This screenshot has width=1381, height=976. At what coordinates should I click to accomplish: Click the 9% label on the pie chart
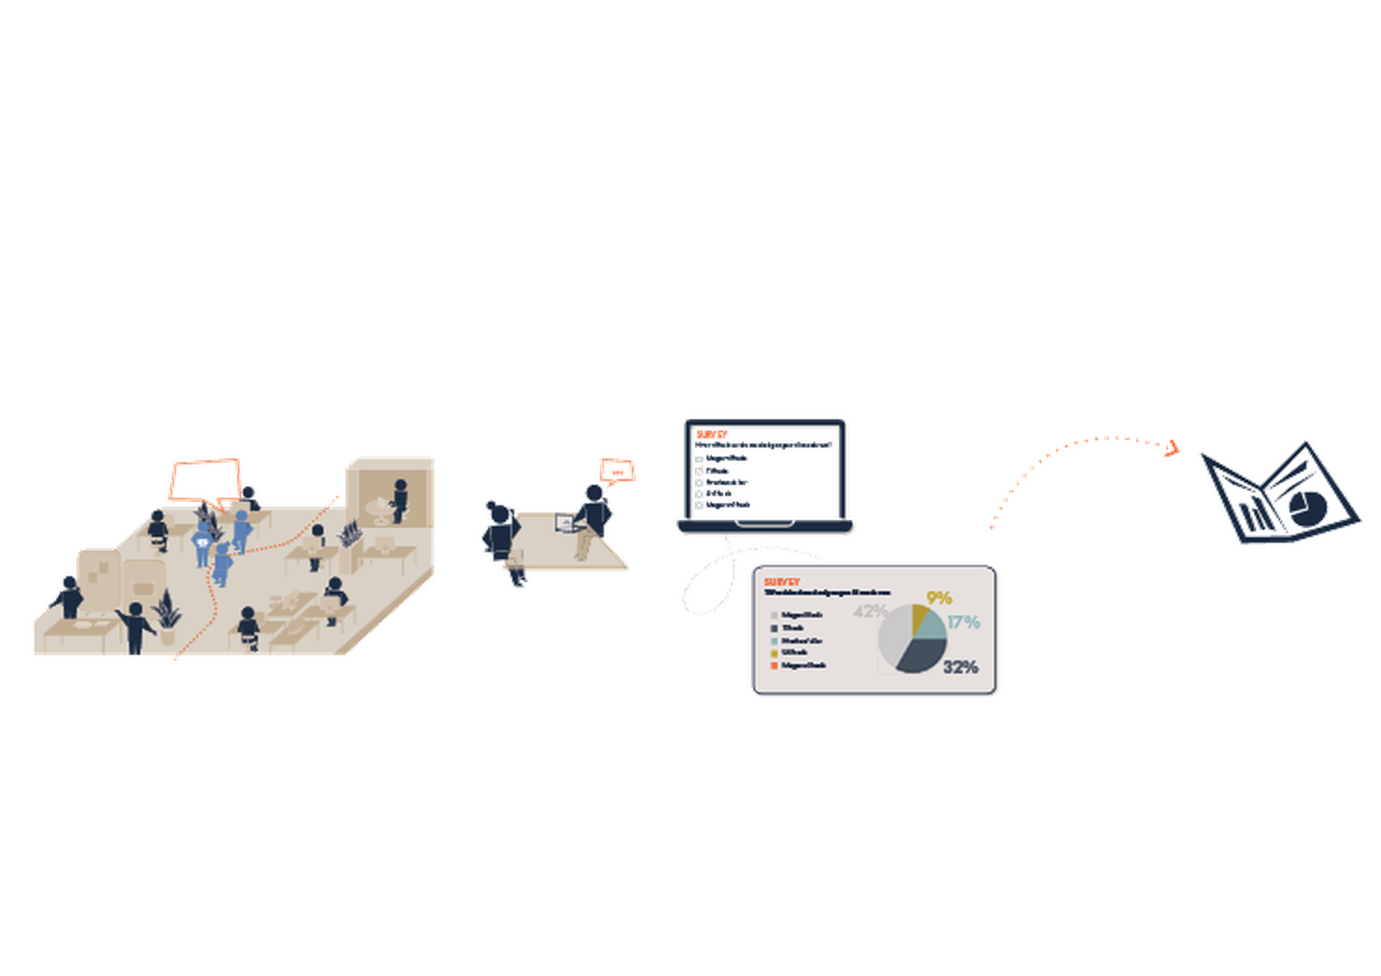tap(938, 599)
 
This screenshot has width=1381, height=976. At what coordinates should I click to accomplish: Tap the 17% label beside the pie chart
tap(962, 622)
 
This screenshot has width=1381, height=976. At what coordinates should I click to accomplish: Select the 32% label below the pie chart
tap(960, 667)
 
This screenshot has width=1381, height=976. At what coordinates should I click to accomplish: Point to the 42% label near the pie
tap(869, 612)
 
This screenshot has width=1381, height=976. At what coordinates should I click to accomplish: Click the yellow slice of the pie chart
tap(919, 617)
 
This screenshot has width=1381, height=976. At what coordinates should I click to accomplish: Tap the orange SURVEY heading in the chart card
tap(782, 582)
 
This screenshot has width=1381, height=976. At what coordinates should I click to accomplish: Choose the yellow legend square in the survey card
tap(775, 653)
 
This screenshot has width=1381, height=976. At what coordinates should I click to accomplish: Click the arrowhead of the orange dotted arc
tap(1170, 449)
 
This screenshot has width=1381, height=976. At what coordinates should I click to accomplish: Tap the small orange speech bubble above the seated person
tap(618, 468)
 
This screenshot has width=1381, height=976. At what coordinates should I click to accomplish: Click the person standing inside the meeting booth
tap(400, 501)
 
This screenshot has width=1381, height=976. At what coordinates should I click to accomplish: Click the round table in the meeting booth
tap(377, 507)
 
